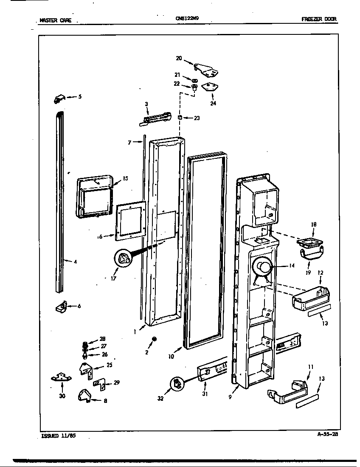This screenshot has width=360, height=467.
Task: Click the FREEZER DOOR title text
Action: coord(319,19)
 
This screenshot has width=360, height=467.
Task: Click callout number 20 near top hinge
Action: coord(179,58)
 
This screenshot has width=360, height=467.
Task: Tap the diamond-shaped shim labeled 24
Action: coord(210,87)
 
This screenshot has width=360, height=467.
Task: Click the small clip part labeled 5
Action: coord(59,99)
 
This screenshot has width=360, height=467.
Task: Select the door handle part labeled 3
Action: coord(155,119)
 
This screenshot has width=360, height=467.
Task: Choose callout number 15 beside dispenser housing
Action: coord(125,178)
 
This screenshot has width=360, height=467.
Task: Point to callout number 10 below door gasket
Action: coord(171,357)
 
